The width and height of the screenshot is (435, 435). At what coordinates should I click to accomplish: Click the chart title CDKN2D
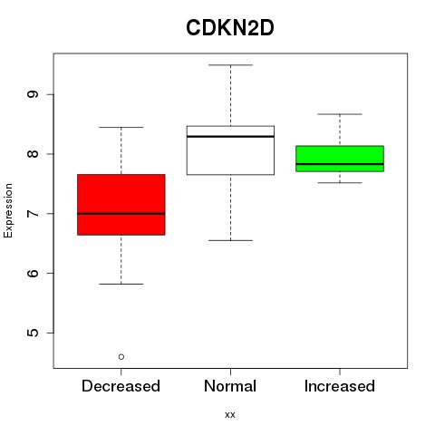click(x=230, y=28)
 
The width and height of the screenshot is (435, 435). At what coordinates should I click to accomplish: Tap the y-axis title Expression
click(x=8, y=210)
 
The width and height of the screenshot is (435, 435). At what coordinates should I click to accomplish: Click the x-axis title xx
click(x=230, y=415)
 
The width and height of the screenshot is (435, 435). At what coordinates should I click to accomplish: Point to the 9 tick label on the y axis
click(x=33, y=94)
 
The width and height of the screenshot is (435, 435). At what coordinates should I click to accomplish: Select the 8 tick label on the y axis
click(x=33, y=154)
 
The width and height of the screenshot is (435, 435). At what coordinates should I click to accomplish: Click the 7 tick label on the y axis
click(x=33, y=214)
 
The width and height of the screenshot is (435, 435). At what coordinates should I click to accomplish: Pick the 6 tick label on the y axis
click(x=33, y=273)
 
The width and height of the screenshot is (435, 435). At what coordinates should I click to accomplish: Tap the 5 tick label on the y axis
click(x=33, y=333)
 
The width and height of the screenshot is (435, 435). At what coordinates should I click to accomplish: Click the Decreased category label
click(x=121, y=386)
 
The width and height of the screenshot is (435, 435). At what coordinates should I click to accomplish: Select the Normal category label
click(x=230, y=386)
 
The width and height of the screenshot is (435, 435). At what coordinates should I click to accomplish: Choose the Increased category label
click(x=340, y=386)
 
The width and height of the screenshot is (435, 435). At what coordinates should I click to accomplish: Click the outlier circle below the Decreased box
click(x=121, y=357)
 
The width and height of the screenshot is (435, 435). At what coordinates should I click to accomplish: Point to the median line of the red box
click(x=121, y=214)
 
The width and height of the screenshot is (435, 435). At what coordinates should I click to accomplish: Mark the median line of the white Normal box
click(x=230, y=137)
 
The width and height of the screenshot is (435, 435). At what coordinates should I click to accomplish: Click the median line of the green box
click(x=340, y=164)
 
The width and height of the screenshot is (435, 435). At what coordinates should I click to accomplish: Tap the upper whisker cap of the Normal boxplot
click(x=230, y=65)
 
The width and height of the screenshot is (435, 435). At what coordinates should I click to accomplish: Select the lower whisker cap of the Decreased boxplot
click(x=121, y=284)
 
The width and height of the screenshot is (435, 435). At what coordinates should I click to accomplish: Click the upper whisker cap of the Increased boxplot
click(x=340, y=114)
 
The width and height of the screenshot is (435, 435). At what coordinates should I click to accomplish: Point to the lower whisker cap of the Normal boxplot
click(x=230, y=240)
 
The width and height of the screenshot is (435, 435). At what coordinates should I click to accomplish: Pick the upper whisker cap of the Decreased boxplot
click(x=121, y=127)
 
